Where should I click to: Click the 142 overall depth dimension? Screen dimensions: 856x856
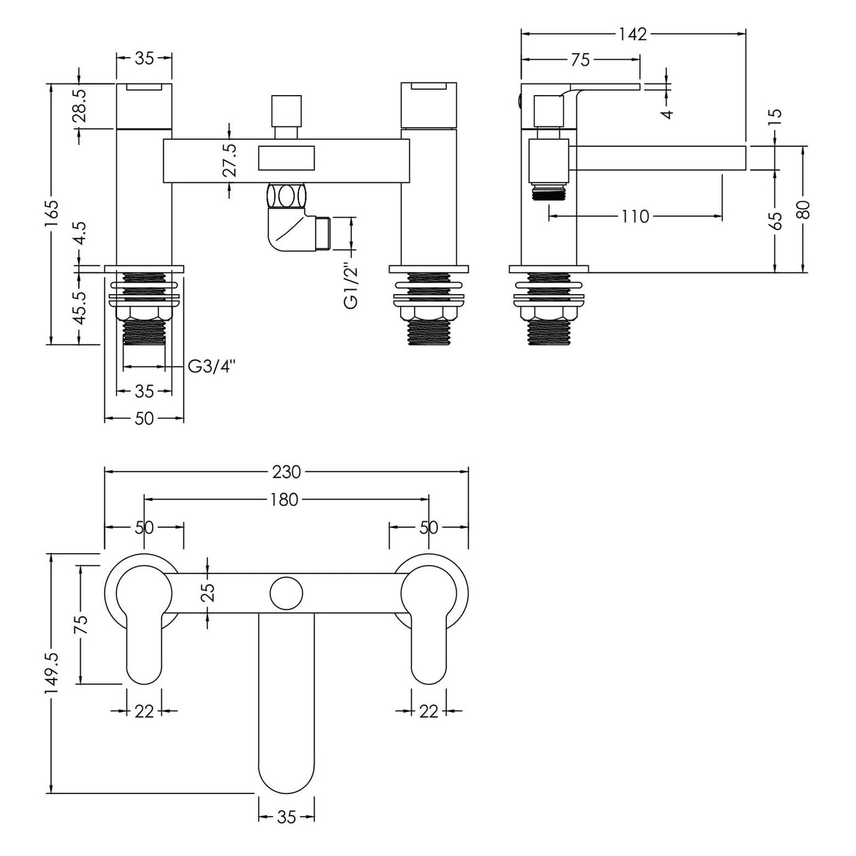[x=633, y=34]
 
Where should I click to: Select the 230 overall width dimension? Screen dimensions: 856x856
[x=286, y=471]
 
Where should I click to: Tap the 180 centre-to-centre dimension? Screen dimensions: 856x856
[x=284, y=499]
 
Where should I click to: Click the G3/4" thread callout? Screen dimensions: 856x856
[x=211, y=367]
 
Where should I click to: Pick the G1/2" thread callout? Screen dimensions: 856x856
[x=351, y=285]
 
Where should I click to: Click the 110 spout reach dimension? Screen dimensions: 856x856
[x=635, y=217]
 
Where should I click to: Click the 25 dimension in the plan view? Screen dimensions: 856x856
[x=208, y=592]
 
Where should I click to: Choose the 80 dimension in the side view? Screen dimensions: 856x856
[x=804, y=209]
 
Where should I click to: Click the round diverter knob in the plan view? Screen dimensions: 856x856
[x=286, y=592]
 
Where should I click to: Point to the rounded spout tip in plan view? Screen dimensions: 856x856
[x=286, y=774]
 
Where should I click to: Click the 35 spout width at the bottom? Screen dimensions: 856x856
[x=287, y=817]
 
